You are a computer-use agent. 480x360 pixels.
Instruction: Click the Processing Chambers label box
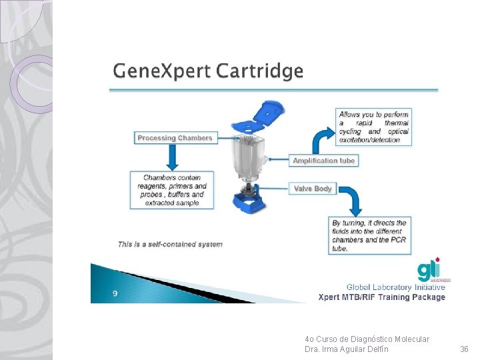pyautogui.click(x=175, y=138)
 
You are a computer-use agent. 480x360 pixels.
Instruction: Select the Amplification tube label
pyautogui.click(x=324, y=161)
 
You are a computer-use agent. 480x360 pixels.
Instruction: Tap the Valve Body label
pyautogui.click(x=313, y=189)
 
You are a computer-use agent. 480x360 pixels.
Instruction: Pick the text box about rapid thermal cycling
pyautogui.click(x=373, y=127)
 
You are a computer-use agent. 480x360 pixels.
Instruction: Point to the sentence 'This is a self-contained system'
pyautogui.click(x=170, y=244)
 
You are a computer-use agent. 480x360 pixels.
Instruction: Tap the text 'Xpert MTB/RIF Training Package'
pyautogui.click(x=381, y=297)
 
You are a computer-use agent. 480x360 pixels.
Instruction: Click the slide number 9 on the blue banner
pyautogui.click(x=115, y=293)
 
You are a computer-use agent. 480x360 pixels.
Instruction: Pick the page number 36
pyautogui.click(x=465, y=349)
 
